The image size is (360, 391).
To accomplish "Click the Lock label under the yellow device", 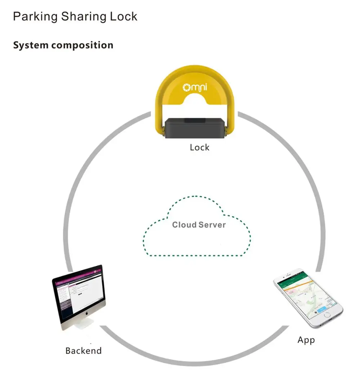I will tap(199, 147).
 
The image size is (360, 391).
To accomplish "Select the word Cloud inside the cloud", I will tap(184, 225).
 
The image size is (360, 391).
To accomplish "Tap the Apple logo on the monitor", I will tap(86, 314).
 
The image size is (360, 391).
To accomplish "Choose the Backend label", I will tap(84, 351).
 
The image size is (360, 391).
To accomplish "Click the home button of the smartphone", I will tap(327, 315).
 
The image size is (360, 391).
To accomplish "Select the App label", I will tap(306, 340).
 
